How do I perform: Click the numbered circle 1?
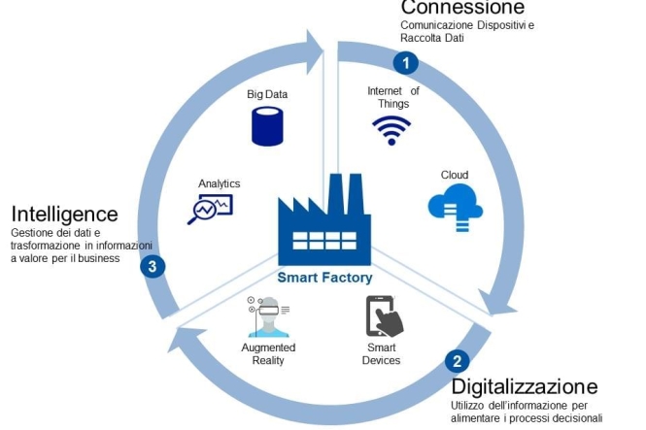pos(405,62)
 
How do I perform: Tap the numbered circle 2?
pos(458,361)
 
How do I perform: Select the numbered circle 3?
pos(152,267)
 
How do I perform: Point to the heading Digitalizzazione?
pos(524,386)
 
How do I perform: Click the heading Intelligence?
pos(64,214)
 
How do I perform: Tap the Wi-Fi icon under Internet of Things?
pos(391,129)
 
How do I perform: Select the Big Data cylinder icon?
pos(266,126)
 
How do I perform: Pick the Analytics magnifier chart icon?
pos(210,208)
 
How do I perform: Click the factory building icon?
pos(324,220)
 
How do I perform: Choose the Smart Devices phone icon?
pos(383,316)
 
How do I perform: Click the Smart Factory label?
pos(324,278)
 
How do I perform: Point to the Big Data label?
pos(267,95)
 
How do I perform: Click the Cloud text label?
pos(455,175)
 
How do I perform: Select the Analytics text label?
pos(219,183)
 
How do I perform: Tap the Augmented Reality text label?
pos(267,354)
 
